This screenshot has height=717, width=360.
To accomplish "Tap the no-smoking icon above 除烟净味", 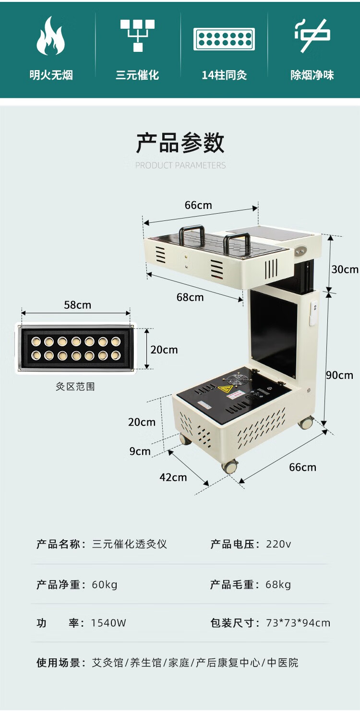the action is tap(312, 36).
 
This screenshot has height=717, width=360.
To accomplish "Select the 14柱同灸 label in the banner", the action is tap(224, 75).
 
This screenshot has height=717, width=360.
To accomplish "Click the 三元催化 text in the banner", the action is tap(137, 75).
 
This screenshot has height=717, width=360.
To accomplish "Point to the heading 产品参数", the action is tap(180, 143).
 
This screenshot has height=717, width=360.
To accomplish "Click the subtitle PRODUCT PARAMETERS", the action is tap(180, 166).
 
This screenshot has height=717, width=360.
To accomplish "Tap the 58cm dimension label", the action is tap(77, 305).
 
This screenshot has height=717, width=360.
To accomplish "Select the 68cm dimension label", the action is tap(190, 297).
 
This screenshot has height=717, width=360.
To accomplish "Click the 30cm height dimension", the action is tap(345, 269).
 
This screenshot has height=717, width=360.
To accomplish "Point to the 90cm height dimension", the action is tap(339, 375).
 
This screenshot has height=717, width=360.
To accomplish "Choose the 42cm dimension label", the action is tap(173, 477).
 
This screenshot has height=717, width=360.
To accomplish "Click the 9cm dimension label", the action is tap(140, 451).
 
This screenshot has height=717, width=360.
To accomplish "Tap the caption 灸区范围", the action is tap(75, 387).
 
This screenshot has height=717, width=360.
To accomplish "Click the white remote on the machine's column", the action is tap(313, 313).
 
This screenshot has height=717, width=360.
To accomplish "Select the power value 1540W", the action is tap(108, 623).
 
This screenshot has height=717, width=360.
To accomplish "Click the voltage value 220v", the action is tap(278, 544).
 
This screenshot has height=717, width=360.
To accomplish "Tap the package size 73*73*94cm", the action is tap(298, 623).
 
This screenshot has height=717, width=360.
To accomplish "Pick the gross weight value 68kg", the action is tap(278, 584).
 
